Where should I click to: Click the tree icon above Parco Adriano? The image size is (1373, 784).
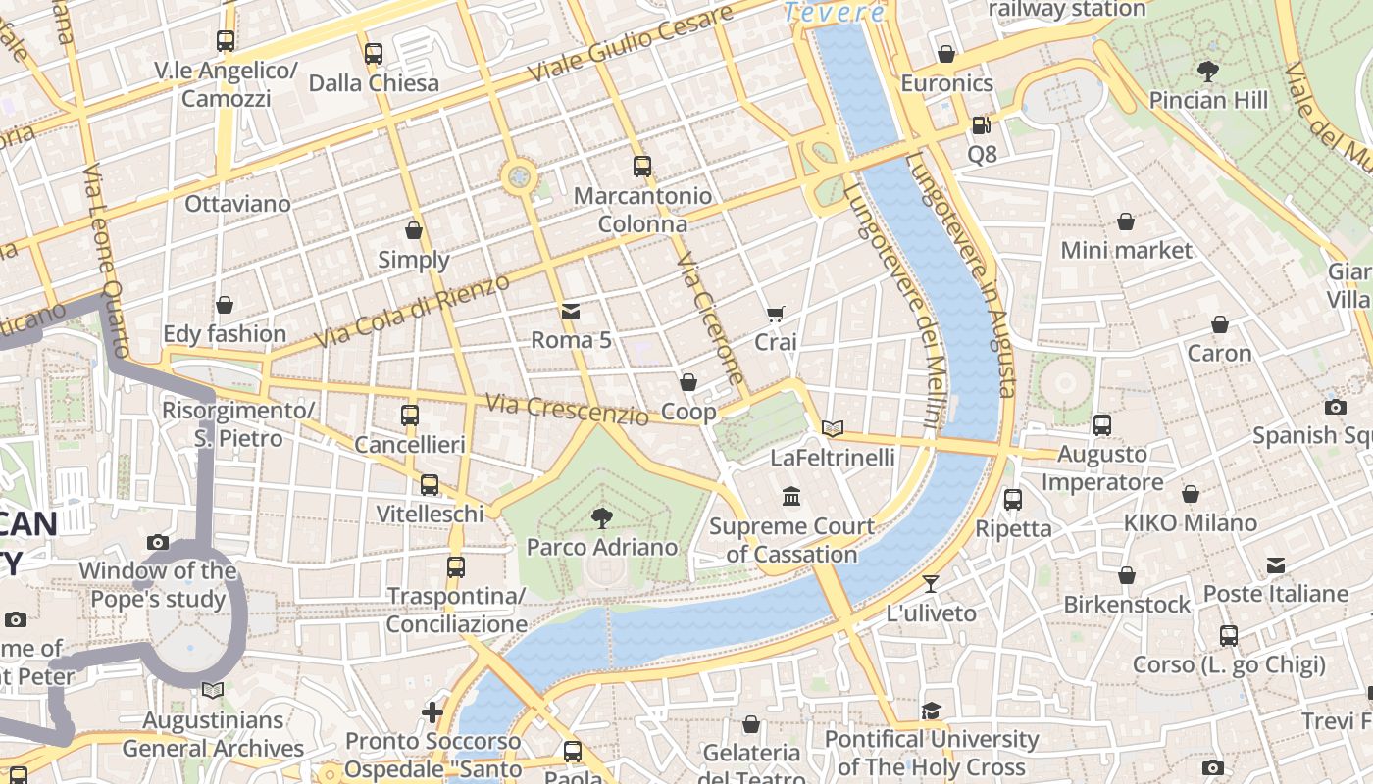click(x=602, y=517)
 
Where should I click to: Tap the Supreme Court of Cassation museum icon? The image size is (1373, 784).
click(x=791, y=497)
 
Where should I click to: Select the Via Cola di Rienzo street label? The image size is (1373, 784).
click(x=413, y=312)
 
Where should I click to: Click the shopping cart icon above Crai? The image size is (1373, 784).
click(x=776, y=314)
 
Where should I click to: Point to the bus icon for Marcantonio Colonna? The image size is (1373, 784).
click(x=642, y=167)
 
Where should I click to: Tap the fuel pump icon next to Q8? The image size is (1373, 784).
click(x=981, y=125)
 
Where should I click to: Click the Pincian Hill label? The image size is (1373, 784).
click(x=1208, y=100)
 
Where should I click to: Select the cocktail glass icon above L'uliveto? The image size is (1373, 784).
click(x=931, y=584)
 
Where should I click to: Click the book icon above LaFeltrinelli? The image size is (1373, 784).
click(x=833, y=428)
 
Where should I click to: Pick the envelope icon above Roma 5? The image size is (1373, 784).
click(x=571, y=312)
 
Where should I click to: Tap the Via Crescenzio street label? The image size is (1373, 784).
click(x=567, y=409)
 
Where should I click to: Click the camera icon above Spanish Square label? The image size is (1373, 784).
click(x=1335, y=407)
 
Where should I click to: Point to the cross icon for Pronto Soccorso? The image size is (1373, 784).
click(x=432, y=711)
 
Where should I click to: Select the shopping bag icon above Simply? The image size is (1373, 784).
click(x=414, y=231)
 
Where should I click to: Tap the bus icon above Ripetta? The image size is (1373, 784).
click(x=1013, y=500)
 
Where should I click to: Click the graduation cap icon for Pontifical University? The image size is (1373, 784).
click(x=931, y=710)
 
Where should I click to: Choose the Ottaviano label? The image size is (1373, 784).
click(x=238, y=204)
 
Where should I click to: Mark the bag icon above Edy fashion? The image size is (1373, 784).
click(x=225, y=305)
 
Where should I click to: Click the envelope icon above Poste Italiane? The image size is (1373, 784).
click(x=1275, y=565)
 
